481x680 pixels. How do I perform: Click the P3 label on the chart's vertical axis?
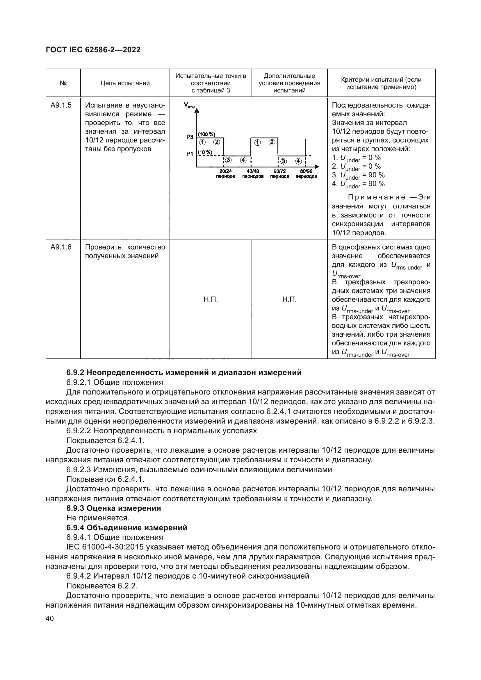[190, 137]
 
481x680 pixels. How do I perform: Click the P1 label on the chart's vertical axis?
[190, 154]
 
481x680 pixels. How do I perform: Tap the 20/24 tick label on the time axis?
[226, 174]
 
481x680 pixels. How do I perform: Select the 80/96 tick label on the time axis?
[306, 174]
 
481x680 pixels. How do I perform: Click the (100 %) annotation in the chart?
[206, 134]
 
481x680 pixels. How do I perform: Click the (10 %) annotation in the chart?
[205, 152]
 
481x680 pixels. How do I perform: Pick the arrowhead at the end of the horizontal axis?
[317, 167]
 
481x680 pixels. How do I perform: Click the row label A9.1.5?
[61, 106]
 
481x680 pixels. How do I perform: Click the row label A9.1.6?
[61, 247]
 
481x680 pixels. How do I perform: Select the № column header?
[63, 83]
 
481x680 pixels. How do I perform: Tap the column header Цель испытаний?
[125, 83]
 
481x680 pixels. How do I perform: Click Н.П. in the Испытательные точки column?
[211, 299]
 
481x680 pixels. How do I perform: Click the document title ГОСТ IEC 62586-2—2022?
[93, 50]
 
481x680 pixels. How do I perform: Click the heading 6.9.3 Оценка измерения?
[114, 508]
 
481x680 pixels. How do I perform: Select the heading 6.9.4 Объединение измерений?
[127, 528]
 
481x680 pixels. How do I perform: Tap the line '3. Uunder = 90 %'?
[358, 175]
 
